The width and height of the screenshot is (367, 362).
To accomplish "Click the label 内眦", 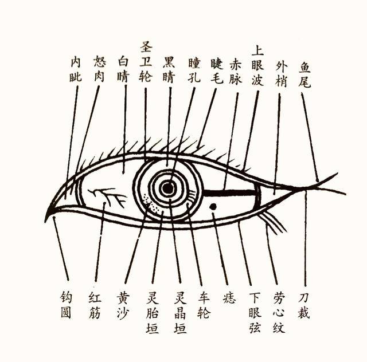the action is pos(76,70).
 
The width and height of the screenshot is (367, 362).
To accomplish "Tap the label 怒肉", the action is pos(99,69).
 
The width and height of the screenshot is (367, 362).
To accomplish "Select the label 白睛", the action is pos(123,69).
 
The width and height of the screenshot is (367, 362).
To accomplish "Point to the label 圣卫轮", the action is pos(146,62).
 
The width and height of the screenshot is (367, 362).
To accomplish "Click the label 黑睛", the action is pos(169,69).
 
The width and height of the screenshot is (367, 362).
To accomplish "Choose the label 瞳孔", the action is pos(194,70).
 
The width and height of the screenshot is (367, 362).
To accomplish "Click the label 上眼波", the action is pos(257,66).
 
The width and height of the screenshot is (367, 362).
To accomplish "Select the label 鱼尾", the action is pos(304,74).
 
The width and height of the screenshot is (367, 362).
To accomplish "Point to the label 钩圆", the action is pos(66,305).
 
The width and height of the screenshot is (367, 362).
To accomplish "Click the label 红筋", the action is pos(95,306).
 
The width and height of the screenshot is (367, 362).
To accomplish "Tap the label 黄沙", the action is pos(123,306).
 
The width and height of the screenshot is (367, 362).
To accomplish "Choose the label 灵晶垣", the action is pos(181,313).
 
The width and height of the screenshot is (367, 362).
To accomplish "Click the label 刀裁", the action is pos(304,306).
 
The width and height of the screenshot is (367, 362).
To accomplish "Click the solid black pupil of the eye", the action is pos(167,188).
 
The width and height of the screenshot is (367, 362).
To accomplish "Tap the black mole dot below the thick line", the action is pos(213,206).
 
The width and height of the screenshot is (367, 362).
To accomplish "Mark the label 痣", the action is pos(229,298).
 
